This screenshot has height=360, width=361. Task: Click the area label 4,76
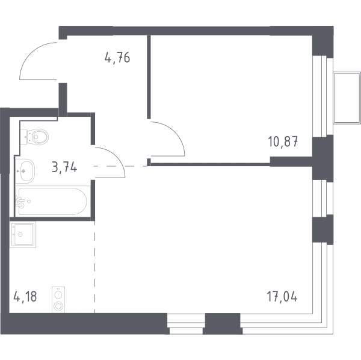tap(117, 57)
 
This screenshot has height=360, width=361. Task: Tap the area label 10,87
tap(283, 141)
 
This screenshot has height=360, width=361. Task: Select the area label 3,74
tap(64, 167)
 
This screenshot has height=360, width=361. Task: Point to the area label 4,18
tap(25, 296)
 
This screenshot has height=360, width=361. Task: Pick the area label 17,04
tap(282, 296)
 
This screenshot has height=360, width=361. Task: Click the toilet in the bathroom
tap(34, 137)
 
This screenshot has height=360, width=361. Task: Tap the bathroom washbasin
tap(25, 171)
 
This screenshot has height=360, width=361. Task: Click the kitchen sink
tap(23, 235)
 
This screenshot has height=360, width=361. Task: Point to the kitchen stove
tap(58, 300)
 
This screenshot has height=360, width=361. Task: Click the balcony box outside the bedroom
tap(347, 98)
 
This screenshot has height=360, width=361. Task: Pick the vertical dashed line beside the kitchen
tap(94, 267)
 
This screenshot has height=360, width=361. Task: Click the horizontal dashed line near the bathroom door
tap(120, 166)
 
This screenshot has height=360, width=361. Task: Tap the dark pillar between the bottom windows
tap(223, 324)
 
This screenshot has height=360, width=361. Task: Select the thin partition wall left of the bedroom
tap(149, 77)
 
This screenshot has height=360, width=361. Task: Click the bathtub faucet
tap(20, 202)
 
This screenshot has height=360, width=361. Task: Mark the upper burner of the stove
tap(58, 295)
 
